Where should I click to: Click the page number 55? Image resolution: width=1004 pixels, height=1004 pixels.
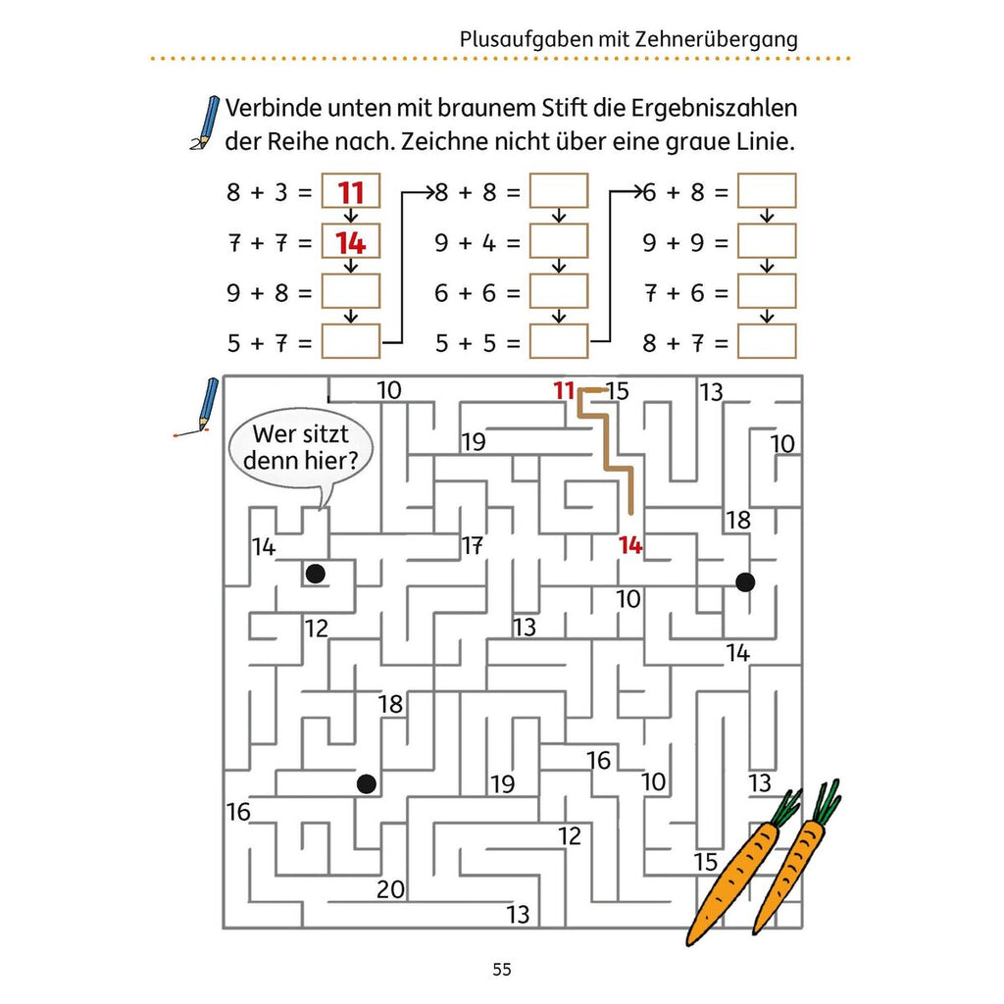501,970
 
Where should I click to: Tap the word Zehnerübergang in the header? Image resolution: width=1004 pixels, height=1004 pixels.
717,39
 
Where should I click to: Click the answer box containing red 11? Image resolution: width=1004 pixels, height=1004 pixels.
351,191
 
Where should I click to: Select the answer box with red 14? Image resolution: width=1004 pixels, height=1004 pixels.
351,241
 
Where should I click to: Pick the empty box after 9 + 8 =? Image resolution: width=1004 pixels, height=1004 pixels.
351,291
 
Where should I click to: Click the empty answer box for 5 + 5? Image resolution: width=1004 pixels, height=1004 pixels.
558,341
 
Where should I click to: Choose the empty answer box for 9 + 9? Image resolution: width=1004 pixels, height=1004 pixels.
767,241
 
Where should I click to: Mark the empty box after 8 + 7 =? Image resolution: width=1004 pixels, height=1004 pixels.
767,341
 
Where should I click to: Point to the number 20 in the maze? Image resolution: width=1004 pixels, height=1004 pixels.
390,888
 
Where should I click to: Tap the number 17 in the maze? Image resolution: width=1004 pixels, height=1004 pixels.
473,545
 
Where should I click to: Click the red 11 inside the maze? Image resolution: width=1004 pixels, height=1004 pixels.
564,390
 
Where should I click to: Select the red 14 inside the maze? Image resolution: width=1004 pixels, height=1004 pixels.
630,545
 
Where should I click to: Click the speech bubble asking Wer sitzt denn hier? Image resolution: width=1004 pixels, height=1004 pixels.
300,448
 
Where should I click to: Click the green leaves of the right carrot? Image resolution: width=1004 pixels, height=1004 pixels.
827,800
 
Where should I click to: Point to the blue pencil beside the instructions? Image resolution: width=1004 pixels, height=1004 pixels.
206,123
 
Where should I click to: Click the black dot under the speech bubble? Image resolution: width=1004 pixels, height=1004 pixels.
315,574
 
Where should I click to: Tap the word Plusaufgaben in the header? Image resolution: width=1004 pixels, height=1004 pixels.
527,39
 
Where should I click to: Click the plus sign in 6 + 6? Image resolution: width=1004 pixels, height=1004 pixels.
465,292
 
